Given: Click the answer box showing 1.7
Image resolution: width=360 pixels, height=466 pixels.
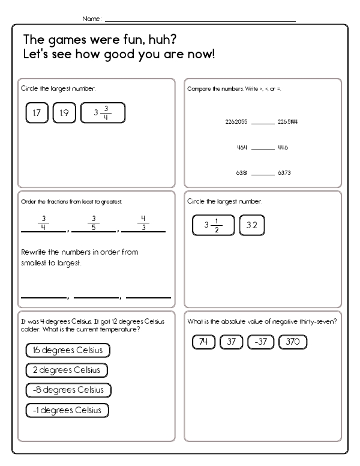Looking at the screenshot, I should (37, 112).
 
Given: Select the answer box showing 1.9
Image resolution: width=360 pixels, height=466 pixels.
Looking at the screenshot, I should (64, 112).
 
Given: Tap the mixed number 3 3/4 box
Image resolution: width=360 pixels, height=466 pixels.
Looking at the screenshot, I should (103, 112).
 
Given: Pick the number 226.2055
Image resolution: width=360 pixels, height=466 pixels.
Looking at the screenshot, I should (236, 122).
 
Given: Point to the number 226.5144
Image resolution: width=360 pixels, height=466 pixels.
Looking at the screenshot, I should (288, 122).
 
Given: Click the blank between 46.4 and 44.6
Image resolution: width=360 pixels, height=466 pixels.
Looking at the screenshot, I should (262, 149).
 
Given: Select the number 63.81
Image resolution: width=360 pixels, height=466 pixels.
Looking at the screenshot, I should (242, 173).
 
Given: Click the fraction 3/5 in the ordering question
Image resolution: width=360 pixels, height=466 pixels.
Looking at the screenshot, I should (92, 222).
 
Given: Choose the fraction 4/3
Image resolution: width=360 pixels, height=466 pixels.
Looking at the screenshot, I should (143, 222).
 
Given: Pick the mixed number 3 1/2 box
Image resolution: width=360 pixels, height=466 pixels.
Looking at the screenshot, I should (213, 225).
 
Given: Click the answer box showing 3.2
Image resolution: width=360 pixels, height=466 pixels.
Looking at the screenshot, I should (251, 225).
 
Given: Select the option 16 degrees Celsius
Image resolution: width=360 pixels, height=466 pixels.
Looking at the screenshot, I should (68, 350).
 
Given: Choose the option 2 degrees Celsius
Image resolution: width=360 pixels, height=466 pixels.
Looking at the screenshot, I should (67, 370).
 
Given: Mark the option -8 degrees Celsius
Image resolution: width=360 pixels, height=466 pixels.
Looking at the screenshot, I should (68, 390).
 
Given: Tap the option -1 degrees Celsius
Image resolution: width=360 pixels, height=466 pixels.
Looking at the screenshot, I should (68, 410).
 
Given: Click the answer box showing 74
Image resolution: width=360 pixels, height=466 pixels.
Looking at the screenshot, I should (203, 342).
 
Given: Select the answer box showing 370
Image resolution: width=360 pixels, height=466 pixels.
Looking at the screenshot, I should (293, 342).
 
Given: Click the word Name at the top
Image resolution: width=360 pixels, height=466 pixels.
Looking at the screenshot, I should (92, 19).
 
